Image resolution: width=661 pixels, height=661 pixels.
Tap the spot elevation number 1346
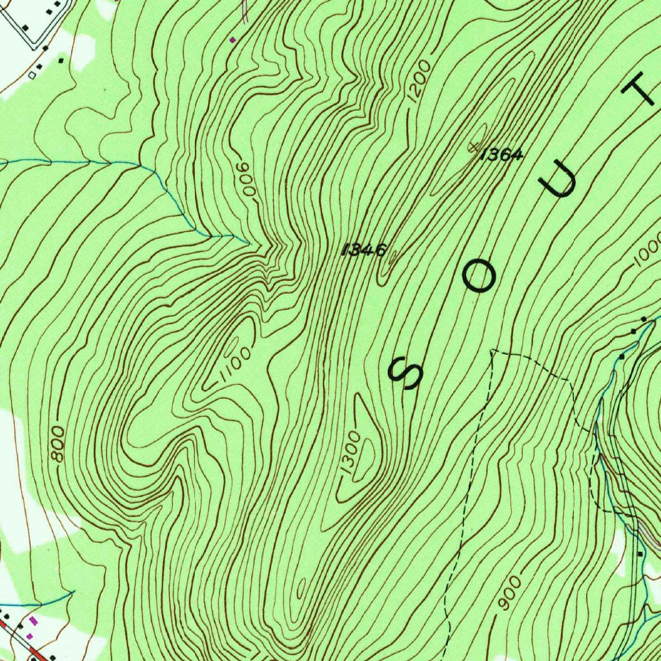365,249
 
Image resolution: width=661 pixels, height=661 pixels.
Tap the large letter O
479,277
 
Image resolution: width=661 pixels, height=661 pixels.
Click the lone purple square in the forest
233,39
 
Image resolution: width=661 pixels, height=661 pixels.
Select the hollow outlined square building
32,74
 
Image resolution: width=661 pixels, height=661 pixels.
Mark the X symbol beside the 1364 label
476,147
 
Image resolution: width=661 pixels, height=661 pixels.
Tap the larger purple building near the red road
34,621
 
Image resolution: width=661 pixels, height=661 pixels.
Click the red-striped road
19,639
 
